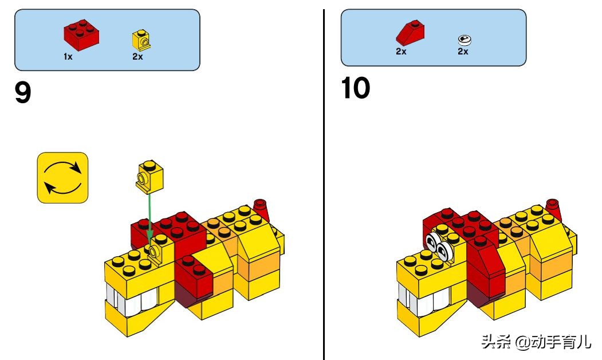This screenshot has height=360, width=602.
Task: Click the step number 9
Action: (23, 93)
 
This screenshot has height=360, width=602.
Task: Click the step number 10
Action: (355, 88)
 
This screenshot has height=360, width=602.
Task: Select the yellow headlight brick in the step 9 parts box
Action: (141, 40)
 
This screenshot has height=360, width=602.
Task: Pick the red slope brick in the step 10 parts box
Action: (410, 33)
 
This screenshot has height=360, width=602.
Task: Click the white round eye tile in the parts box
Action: (465, 40)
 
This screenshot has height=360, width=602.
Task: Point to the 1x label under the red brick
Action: (68, 57)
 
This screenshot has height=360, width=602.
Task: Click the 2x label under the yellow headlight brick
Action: (137, 57)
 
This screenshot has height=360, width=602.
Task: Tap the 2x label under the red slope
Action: (401, 52)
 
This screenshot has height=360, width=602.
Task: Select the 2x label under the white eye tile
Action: (463, 52)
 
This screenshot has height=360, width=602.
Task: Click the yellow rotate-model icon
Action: (62, 178)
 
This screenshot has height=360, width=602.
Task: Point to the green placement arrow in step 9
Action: (149, 217)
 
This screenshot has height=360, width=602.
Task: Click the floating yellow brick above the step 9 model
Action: (149, 177)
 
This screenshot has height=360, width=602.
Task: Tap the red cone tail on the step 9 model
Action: (261, 209)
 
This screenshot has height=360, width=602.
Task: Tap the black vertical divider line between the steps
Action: (324, 185)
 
